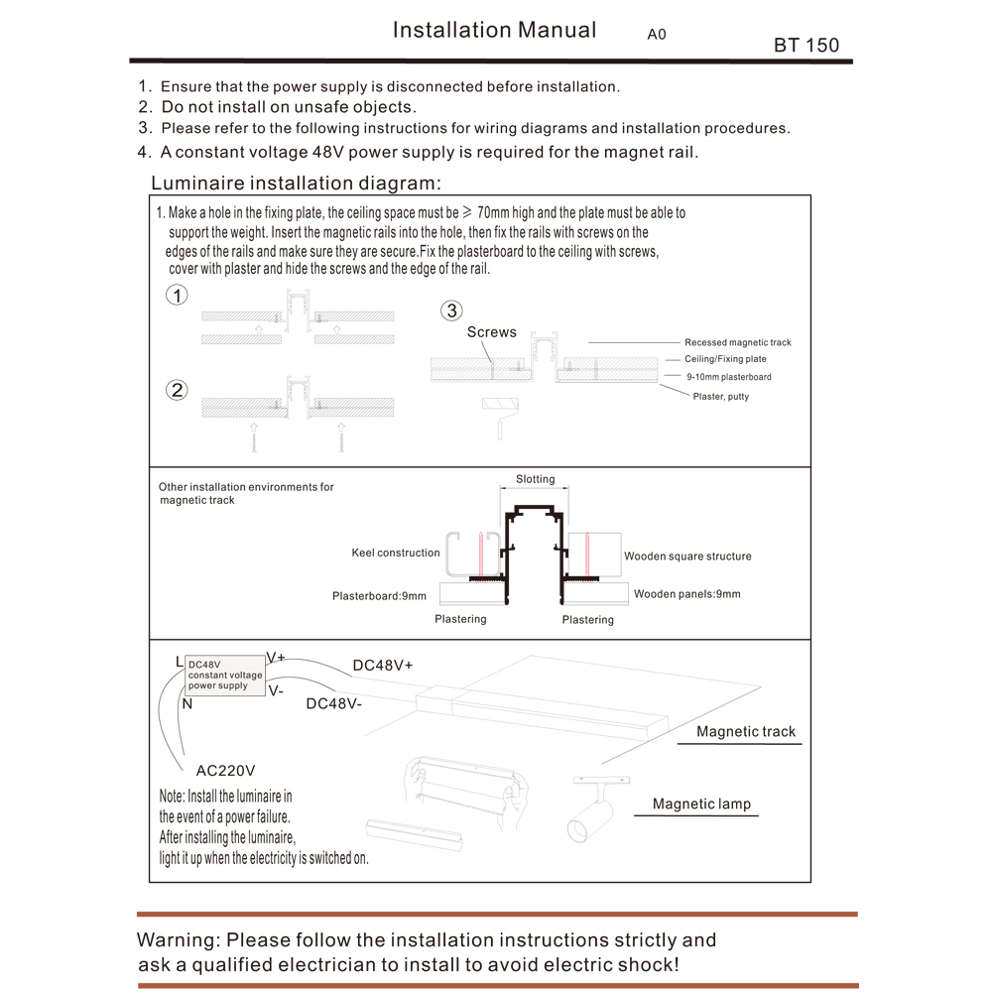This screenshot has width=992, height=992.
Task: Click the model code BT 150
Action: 806,46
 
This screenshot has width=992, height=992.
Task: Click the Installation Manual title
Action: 494,30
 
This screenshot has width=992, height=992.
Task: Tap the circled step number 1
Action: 177,296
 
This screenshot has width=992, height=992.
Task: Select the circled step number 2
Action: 178,390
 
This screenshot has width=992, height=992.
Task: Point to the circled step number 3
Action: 451,311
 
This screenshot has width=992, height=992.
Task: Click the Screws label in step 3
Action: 492,332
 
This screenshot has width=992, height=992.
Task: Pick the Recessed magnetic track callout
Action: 737,342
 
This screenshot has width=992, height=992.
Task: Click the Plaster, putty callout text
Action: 721,397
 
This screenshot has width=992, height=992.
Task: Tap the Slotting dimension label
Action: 536,479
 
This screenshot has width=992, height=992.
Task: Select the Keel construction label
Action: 395,553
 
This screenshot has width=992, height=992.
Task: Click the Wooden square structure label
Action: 687,557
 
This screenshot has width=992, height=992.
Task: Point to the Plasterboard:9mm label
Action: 379,596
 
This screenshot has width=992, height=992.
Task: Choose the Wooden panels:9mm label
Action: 686,594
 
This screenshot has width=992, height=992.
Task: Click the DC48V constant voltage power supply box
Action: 225,675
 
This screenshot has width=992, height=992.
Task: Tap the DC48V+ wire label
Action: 382,666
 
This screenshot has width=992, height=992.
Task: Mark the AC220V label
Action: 225,770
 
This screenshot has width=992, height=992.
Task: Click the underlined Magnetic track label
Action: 746,732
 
